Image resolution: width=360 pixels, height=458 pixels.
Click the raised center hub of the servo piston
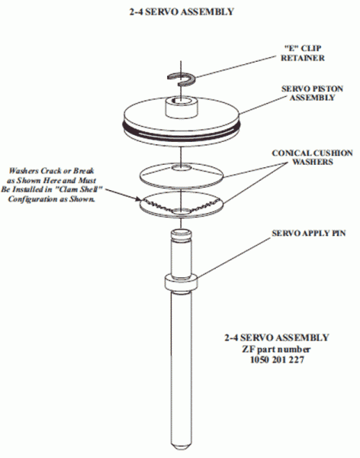(x=182, y=108)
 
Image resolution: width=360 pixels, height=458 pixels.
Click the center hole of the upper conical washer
(x=182, y=168)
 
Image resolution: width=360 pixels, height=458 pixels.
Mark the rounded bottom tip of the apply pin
(x=182, y=446)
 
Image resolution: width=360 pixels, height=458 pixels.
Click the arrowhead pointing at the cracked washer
(x=138, y=199)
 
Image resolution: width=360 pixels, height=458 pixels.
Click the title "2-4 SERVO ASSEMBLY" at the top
(x=182, y=11)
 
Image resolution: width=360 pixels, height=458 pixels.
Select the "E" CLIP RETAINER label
(x=303, y=53)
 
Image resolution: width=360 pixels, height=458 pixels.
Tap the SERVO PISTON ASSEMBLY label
(x=312, y=93)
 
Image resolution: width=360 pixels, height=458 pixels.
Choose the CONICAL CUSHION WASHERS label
(x=312, y=157)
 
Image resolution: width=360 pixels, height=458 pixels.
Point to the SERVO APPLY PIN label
(x=309, y=233)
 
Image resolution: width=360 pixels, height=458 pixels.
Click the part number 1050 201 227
(x=277, y=360)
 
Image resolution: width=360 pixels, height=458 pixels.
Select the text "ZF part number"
(x=276, y=349)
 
